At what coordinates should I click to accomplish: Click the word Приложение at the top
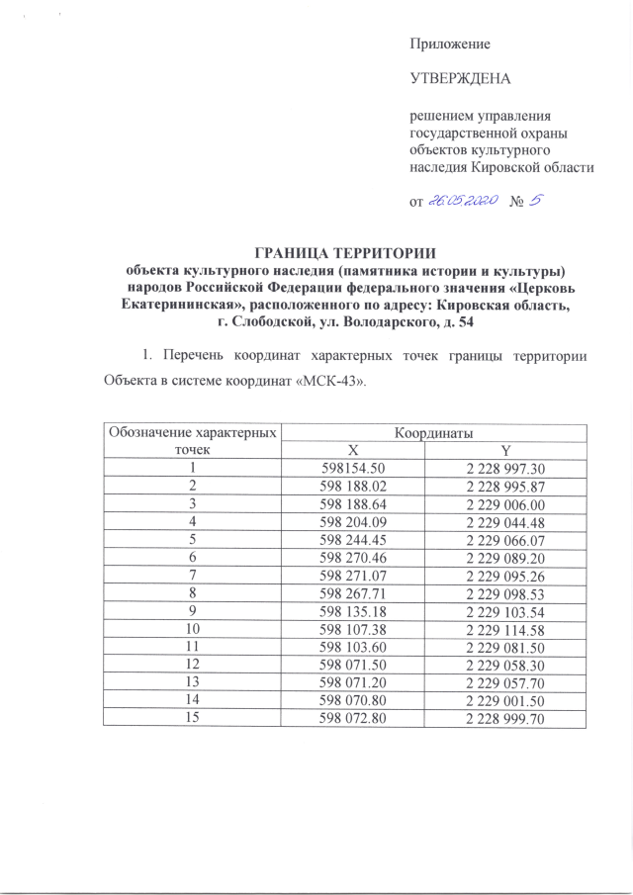pos(450,45)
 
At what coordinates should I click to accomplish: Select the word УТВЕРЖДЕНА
pos(460,76)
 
